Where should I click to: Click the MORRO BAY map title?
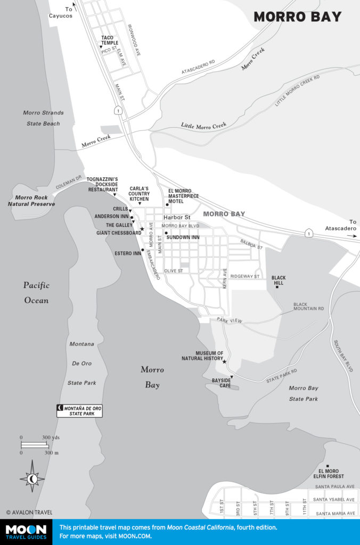pyautogui.click(x=297, y=17)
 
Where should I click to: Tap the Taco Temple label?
pyautogui.click(x=111, y=40)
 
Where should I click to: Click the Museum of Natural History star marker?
pyautogui.click(x=224, y=362)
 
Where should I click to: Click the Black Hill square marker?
pyautogui.click(x=277, y=287)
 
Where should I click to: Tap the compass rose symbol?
pyautogui.click(x=32, y=479)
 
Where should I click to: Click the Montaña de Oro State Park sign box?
pyautogui.click(x=79, y=410)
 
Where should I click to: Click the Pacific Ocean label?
pyautogui.click(x=36, y=293)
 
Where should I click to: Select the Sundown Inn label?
pyautogui.click(x=183, y=237)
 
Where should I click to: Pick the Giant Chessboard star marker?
pyautogui.click(x=142, y=229)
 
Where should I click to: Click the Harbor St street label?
pyautogui.click(x=177, y=217)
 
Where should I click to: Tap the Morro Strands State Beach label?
pyautogui.click(x=44, y=118)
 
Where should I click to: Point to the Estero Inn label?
pyautogui.click(x=127, y=253)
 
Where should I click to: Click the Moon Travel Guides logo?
pyautogui.click(x=26, y=532)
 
